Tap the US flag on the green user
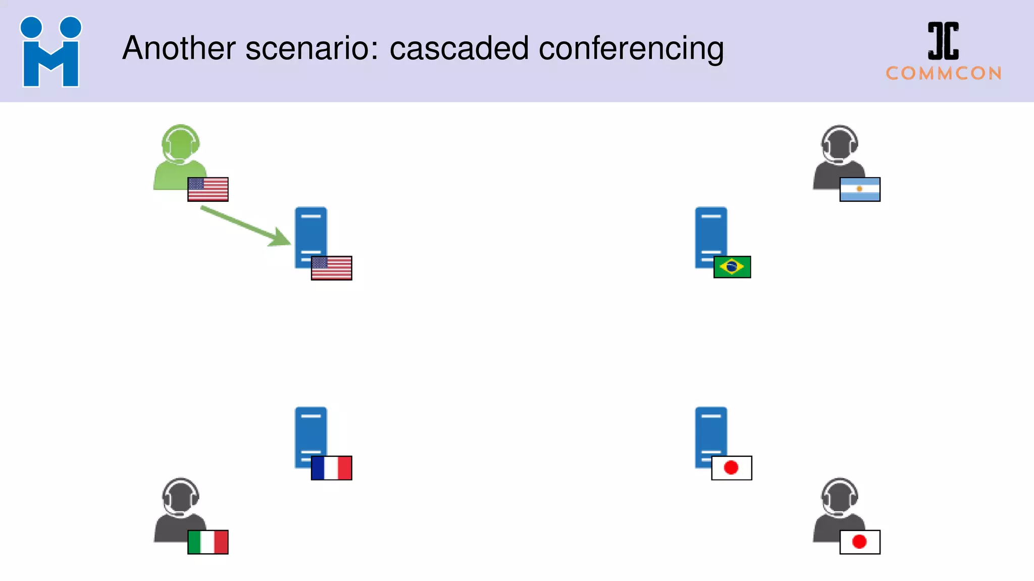coord(208,189)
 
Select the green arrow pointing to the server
coord(246,226)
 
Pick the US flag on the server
coord(332,268)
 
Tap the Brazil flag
coord(732,267)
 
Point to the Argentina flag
coord(860,189)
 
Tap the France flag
coord(332,468)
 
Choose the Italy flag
coord(208,542)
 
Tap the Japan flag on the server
coord(732,468)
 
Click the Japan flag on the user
coord(860,542)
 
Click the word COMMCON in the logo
coord(944,74)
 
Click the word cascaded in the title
coord(459,48)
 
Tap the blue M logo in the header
coord(50,52)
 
